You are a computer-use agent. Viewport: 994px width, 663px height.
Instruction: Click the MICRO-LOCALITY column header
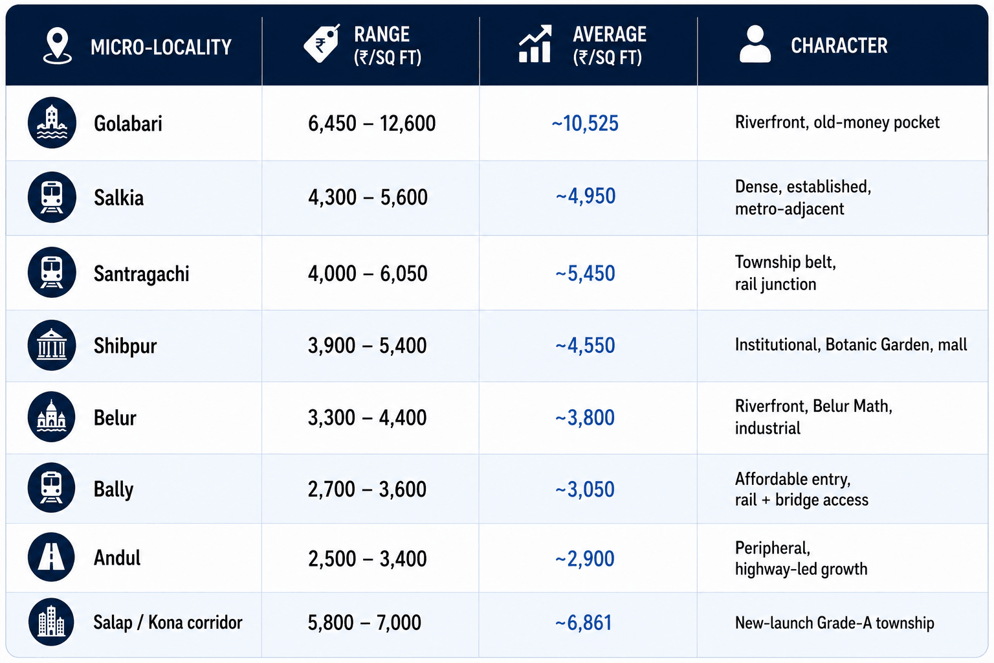[x=160, y=47]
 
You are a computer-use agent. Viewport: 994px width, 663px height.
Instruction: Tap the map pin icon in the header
[x=57, y=46]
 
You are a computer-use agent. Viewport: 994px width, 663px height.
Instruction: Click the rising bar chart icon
[x=535, y=43]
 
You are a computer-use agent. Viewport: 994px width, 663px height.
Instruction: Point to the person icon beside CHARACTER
[x=755, y=43]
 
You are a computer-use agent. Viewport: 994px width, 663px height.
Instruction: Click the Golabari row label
[x=127, y=124]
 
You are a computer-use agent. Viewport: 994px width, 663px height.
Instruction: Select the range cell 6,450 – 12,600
[x=371, y=123]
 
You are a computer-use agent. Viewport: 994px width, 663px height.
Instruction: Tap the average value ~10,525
[x=585, y=123]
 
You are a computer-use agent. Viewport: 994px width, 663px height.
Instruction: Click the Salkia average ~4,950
[x=585, y=196]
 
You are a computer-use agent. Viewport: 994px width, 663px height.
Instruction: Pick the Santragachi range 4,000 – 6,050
[x=368, y=273]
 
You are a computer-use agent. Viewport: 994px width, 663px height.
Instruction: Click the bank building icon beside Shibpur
[x=52, y=345]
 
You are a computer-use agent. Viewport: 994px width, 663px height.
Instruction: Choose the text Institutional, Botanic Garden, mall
[x=851, y=344]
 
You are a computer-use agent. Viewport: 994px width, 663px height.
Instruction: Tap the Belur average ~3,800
[x=585, y=418]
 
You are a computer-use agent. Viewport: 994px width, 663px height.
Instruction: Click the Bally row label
[x=113, y=489]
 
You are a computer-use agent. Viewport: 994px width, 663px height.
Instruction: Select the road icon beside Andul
[x=52, y=557]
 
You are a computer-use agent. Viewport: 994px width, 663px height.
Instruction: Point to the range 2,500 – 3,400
[x=368, y=559]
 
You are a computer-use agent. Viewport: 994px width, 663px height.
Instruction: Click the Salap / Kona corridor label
[x=168, y=623]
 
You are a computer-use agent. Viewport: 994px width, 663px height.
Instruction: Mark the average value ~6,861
[x=584, y=623]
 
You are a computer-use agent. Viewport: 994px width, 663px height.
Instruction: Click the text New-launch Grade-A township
[x=834, y=623]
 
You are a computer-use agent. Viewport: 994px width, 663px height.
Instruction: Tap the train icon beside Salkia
[x=52, y=197]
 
